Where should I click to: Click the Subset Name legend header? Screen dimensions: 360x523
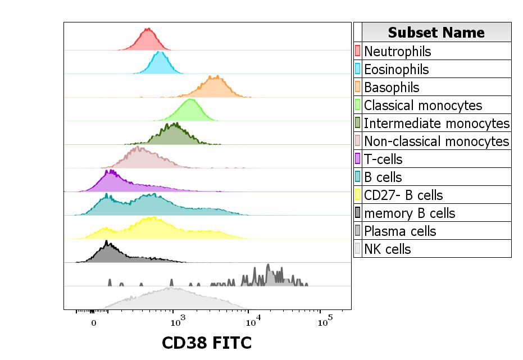point(436,32)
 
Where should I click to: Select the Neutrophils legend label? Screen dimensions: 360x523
point(397,51)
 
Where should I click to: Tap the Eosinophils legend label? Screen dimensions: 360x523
point(396,69)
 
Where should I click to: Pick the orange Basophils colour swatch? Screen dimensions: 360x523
point(357,87)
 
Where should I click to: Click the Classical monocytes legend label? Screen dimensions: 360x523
point(422,105)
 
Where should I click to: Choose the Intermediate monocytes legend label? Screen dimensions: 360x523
point(436,123)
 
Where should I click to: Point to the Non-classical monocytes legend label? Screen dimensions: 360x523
point(436,141)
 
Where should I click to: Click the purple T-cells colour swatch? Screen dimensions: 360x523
point(357,159)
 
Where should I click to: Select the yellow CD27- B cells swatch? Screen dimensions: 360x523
point(357,195)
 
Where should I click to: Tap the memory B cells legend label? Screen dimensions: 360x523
point(409,213)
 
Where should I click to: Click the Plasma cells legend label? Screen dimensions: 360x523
point(400,231)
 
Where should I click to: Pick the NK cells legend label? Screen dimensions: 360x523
point(387,249)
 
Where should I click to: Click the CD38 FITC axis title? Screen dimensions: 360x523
point(207,343)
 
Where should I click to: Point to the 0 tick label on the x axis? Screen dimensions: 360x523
point(94,323)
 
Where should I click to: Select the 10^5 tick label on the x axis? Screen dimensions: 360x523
point(324,321)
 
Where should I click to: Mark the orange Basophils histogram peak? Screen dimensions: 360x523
point(216,85)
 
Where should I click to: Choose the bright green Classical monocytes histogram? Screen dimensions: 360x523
point(190,110)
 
